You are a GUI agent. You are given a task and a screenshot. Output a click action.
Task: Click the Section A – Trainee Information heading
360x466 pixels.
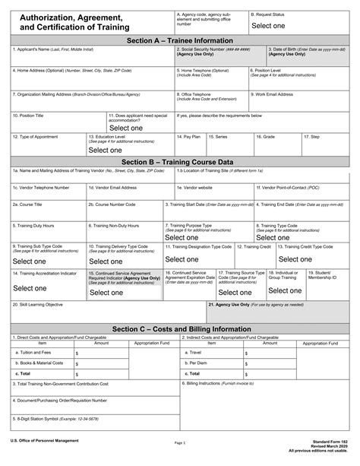point(179,40)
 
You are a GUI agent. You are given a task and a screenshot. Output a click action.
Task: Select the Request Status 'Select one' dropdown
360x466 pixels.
point(268,26)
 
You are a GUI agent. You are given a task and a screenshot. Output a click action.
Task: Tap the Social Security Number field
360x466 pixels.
point(219,59)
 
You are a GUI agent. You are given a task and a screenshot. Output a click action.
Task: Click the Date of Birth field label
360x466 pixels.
point(303,49)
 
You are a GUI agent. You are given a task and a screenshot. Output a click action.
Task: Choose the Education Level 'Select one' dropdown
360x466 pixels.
point(109,150)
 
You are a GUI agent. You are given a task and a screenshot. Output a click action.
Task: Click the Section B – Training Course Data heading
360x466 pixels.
point(179,161)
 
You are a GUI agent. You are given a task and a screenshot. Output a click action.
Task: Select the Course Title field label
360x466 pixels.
point(31,204)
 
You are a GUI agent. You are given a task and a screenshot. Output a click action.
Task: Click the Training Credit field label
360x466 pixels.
point(254,246)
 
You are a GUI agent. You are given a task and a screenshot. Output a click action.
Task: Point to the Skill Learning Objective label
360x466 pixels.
point(37,303)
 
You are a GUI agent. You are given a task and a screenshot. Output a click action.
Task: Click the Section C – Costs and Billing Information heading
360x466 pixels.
point(179,328)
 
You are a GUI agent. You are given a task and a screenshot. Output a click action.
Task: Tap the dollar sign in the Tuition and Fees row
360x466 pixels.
point(77,353)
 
